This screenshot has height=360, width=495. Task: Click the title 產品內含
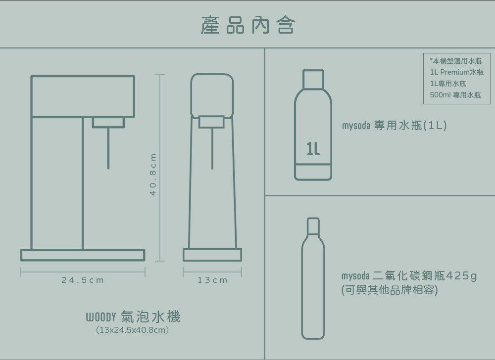click(248, 25)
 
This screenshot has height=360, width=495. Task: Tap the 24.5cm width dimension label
click(83, 280)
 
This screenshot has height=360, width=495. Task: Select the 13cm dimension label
click(212, 280)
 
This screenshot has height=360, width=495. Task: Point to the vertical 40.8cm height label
click(153, 175)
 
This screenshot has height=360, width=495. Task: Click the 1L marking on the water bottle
click(313, 149)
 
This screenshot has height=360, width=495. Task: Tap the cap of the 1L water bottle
click(313, 79)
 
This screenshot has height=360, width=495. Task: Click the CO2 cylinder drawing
click(313, 278)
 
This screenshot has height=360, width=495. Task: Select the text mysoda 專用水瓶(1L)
click(395, 126)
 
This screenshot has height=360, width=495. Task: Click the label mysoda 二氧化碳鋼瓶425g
click(409, 276)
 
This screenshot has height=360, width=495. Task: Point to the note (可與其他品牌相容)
click(390, 290)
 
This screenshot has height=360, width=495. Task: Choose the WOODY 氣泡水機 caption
click(133, 316)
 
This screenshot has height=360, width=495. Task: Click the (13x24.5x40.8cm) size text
click(132, 330)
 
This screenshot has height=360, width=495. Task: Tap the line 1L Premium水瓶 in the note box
click(456, 72)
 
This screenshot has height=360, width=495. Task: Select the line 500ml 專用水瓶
click(455, 95)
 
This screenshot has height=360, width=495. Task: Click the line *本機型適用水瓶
click(455, 61)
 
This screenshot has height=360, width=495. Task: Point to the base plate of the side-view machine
click(83, 255)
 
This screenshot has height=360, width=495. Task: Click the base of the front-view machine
click(212, 255)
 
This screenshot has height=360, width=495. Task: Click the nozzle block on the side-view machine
click(108, 122)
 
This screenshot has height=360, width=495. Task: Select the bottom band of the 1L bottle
click(313, 172)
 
